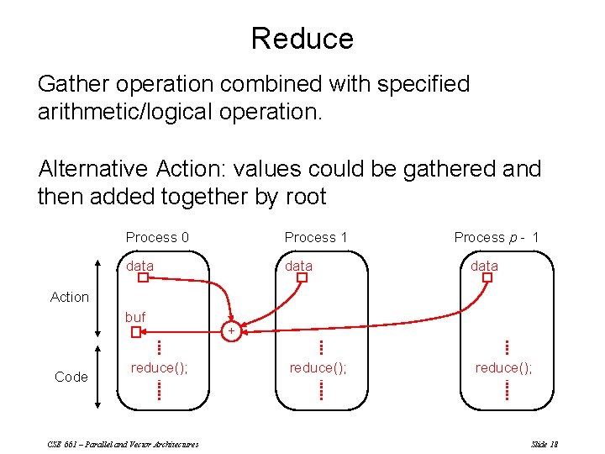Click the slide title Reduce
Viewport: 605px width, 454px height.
point(302,39)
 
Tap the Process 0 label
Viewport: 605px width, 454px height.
point(157,238)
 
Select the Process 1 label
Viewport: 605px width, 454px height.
point(316,238)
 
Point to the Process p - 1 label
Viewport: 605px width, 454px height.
point(497,238)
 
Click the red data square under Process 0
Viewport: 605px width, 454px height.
point(142,278)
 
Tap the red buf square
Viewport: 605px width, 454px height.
point(136,332)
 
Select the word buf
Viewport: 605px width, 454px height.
point(135,317)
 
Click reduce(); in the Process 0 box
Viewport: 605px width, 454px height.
point(159,367)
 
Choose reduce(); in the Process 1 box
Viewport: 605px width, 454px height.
point(318,367)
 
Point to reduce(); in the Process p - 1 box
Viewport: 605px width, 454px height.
point(503,367)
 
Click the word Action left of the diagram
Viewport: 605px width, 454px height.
point(70,297)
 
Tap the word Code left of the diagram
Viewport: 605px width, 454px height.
point(71,377)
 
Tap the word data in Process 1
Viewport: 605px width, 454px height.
point(299,266)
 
